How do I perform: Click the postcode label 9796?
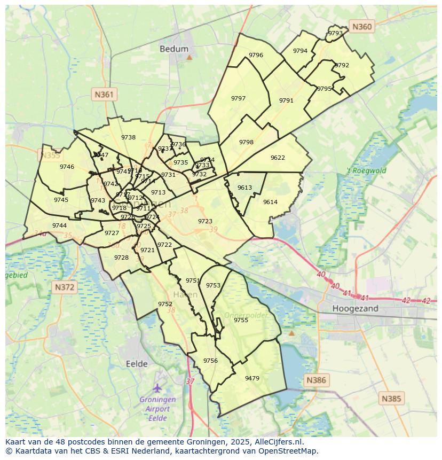(x=256, y=55)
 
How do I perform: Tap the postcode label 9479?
(x=252, y=378)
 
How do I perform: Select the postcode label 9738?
(x=128, y=137)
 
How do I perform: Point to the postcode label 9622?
(x=278, y=158)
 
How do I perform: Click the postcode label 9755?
(x=241, y=320)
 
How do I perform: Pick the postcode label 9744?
(x=59, y=225)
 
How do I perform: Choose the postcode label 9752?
(x=165, y=304)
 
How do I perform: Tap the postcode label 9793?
(x=335, y=33)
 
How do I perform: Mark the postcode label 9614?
(x=270, y=202)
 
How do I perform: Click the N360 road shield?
(x=362, y=26)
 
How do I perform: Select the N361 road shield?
(x=104, y=95)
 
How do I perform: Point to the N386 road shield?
(x=315, y=380)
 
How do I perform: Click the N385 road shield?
(x=391, y=398)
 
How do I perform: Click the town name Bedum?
(x=174, y=49)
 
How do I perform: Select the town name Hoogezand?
(x=355, y=308)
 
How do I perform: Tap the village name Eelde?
(x=137, y=363)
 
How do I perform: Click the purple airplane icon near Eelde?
(x=157, y=387)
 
